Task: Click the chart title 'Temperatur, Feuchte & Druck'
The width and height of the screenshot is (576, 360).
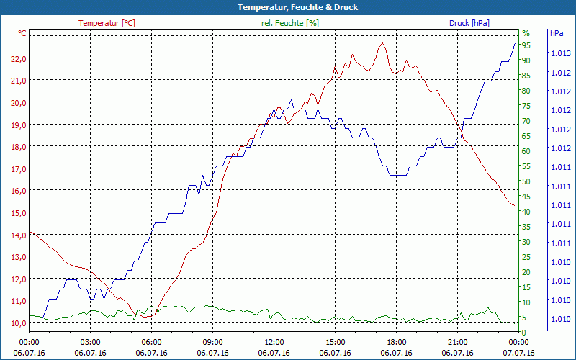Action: [x=288, y=7]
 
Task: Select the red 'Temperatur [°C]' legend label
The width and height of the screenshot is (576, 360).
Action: [x=107, y=23]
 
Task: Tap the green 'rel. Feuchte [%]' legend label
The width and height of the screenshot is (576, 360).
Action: [x=289, y=23]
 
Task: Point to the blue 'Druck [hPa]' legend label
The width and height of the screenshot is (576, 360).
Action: [x=469, y=23]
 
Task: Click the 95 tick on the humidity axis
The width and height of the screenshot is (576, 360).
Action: [x=526, y=45]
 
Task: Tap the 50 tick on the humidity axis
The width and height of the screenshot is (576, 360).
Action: [x=526, y=181]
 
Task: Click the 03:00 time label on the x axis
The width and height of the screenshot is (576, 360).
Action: [x=90, y=342]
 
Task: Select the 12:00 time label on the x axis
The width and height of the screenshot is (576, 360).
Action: [x=274, y=342]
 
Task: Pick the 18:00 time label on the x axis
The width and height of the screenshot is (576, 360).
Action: [x=396, y=342]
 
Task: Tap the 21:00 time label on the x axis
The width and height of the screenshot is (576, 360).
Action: [x=457, y=342]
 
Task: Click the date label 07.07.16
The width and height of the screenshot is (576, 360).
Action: [x=518, y=353]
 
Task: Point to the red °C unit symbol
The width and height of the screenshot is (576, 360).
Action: [x=22, y=33]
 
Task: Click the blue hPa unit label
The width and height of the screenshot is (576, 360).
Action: [x=557, y=33]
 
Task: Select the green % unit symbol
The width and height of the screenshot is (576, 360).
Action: [x=526, y=33]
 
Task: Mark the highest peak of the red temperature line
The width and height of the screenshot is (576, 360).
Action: [x=382, y=43]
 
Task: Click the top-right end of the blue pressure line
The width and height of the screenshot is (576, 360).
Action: [x=515, y=43]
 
